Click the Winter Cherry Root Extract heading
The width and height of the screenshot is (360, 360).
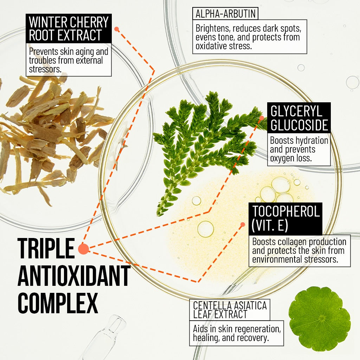(69, 28)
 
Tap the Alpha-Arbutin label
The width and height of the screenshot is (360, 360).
(225, 14)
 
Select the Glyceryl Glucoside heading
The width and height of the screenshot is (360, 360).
(299, 118)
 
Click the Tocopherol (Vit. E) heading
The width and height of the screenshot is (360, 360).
(285, 218)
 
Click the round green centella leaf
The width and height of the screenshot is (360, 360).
(319, 319)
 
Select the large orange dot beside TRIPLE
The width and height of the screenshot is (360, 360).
(83, 249)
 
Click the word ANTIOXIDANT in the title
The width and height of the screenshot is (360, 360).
(74, 276)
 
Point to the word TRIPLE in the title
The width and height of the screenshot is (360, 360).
(46, 249)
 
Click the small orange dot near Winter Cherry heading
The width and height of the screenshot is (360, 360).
(117, 30)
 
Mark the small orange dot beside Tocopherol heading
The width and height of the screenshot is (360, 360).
(242, 224)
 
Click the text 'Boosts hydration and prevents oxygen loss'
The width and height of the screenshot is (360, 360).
(299, 150)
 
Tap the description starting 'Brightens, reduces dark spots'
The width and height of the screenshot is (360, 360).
(250, 37)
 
